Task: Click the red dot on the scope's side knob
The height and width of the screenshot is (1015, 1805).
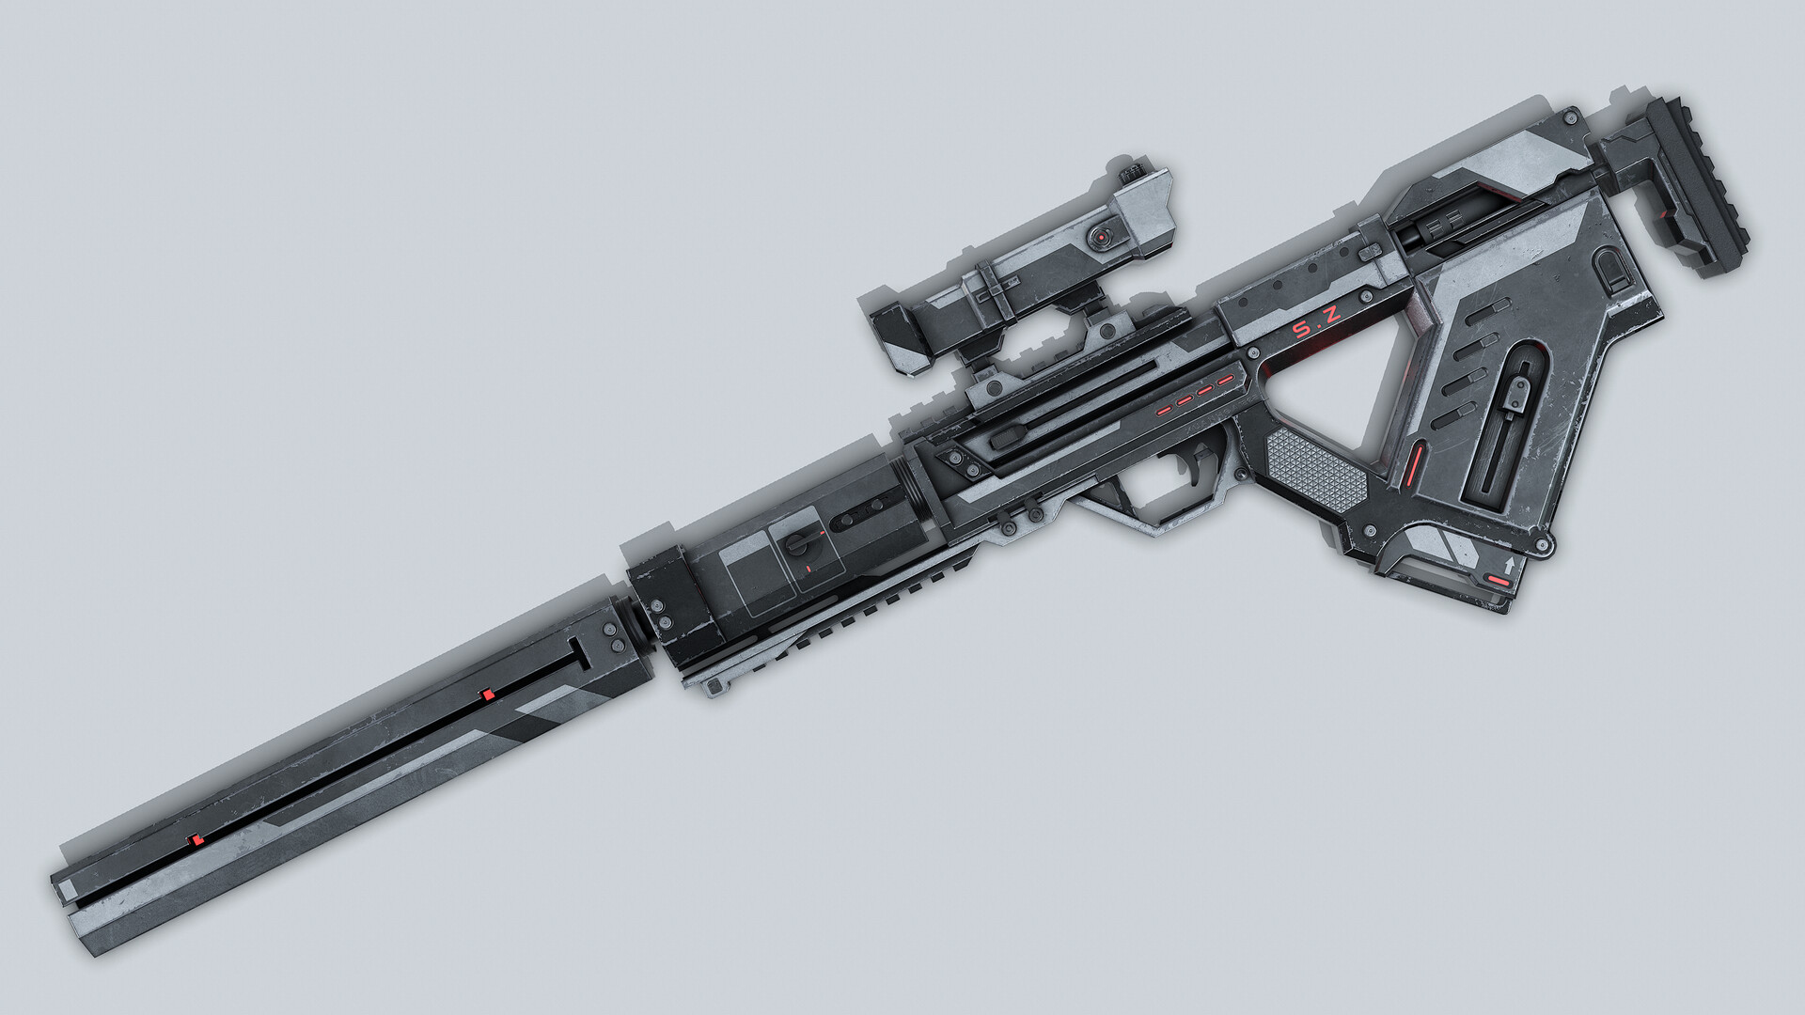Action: (1098, 239)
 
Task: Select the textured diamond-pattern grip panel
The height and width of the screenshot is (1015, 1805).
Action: (1314, 467)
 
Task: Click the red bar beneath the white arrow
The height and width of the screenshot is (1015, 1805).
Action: (1500, 582)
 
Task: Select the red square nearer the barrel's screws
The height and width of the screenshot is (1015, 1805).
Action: (487, 695)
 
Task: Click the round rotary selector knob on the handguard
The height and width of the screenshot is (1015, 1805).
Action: (797, 542)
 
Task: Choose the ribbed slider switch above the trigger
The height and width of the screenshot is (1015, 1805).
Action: (1006, 435)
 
